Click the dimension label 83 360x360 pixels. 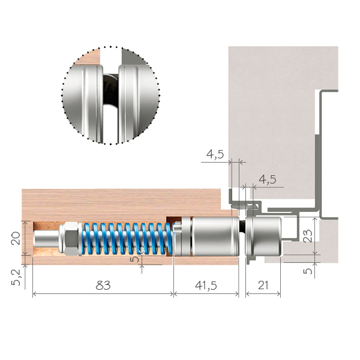click(x=103, y=286)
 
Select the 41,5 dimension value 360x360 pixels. click(x=206, y=286)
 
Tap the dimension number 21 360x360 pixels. click(x=263, y=286)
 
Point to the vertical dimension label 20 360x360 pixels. click(x=16, y=238)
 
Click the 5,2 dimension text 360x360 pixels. click(x=16, y=277)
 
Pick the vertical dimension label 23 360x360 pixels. click(x=308, y=236)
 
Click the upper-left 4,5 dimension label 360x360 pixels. click(x=215, y=154)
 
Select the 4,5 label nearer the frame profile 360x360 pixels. click(x=268, y=179)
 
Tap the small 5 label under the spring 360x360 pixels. click(x=134, y=259)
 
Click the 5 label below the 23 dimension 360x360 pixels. click(x=308, y=271)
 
